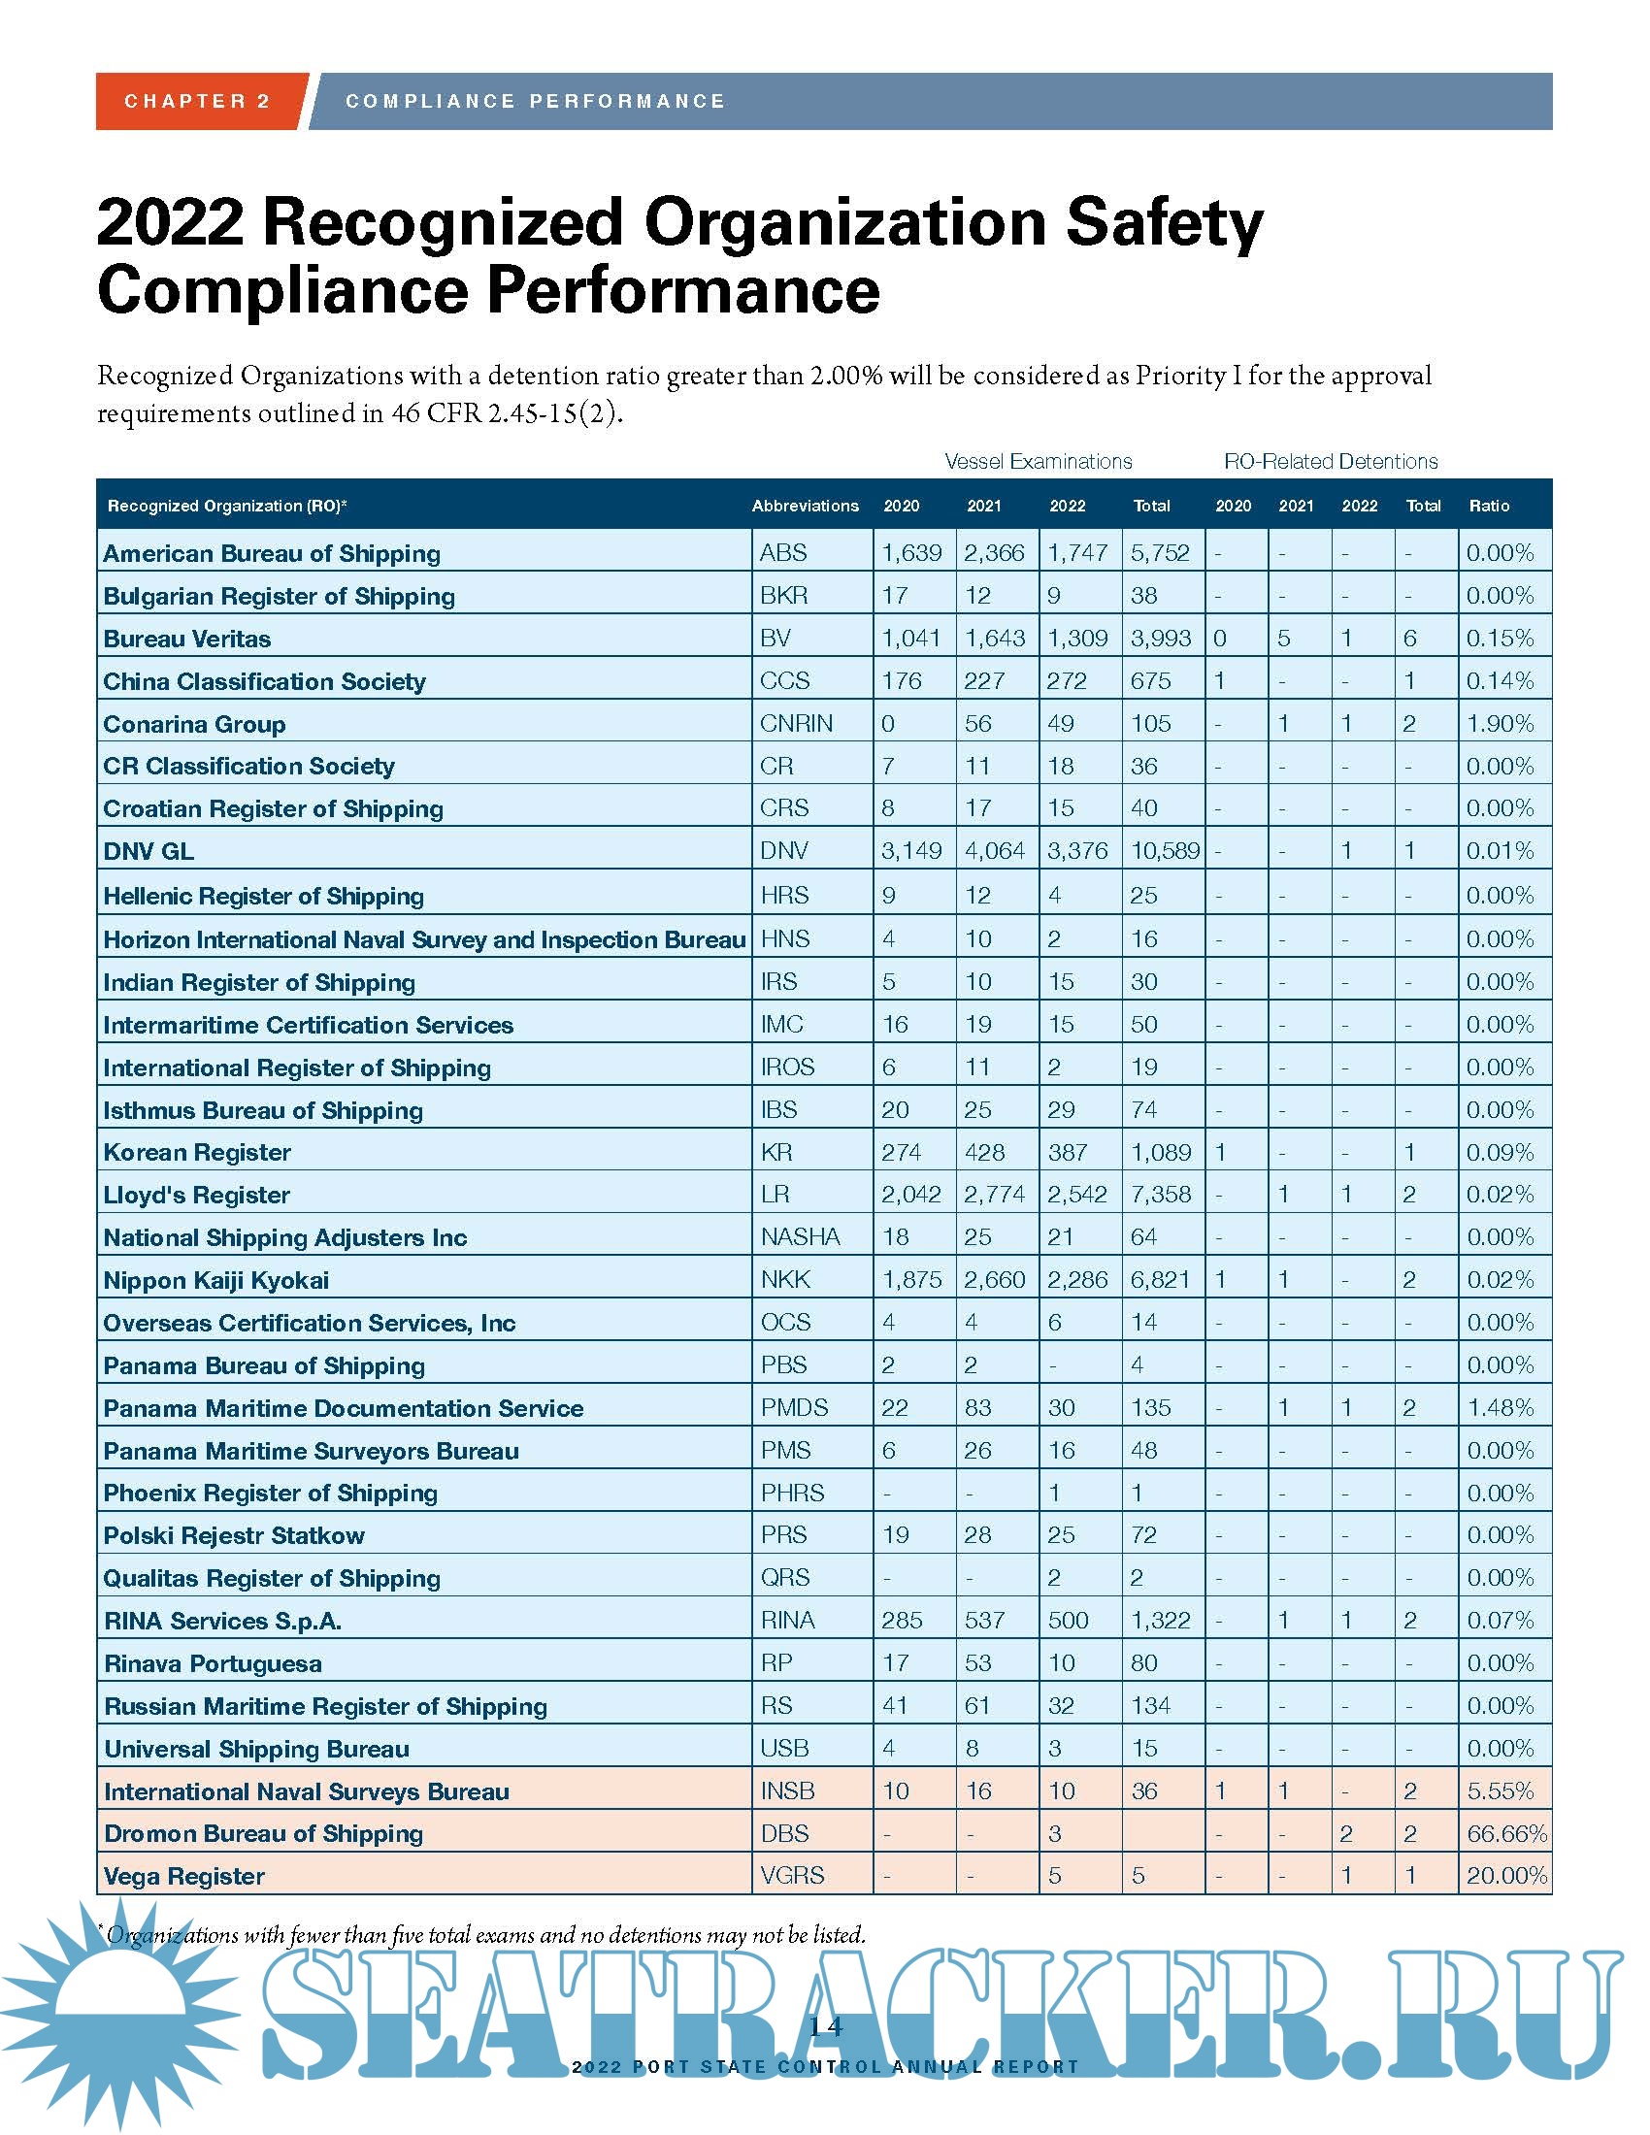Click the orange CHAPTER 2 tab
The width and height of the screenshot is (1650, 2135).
click(x=197, y=101)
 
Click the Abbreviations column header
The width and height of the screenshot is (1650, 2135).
click(x=805, y=506)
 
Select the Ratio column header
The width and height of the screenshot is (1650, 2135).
click(x=1489, y=506)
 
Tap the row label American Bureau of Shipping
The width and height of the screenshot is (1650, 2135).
click(x=272, y=553)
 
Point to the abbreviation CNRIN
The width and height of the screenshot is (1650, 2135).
click(x=796, y=723)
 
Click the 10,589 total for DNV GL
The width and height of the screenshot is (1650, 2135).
click(x=1164, y=850)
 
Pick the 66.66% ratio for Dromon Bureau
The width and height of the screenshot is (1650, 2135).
click(x=1506, y=1834)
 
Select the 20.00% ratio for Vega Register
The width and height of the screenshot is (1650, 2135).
click(x=1506, y=1876)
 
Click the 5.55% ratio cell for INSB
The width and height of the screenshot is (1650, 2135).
click(x=1501, y=1790)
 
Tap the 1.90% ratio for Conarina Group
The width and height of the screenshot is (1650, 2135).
click(x=1501, y=723)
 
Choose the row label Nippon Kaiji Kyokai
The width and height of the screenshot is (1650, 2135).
click(x=216, y=1281)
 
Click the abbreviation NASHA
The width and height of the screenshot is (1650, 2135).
click(x=801, y=1237)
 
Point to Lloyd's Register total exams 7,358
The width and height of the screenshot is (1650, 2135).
click(x=1160, y=1195)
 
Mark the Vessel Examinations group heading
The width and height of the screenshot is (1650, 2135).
click(x=1039, y=461)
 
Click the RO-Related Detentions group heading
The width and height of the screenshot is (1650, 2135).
click(x=1331, y=461)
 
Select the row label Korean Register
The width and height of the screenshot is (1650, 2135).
click(x=197, y=1153)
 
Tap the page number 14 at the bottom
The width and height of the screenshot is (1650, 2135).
click(x=825, y=2026)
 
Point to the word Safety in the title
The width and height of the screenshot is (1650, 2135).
click(x=1163, y=223)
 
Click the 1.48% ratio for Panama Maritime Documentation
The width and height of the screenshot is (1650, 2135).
click(x=1501, y=1408)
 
